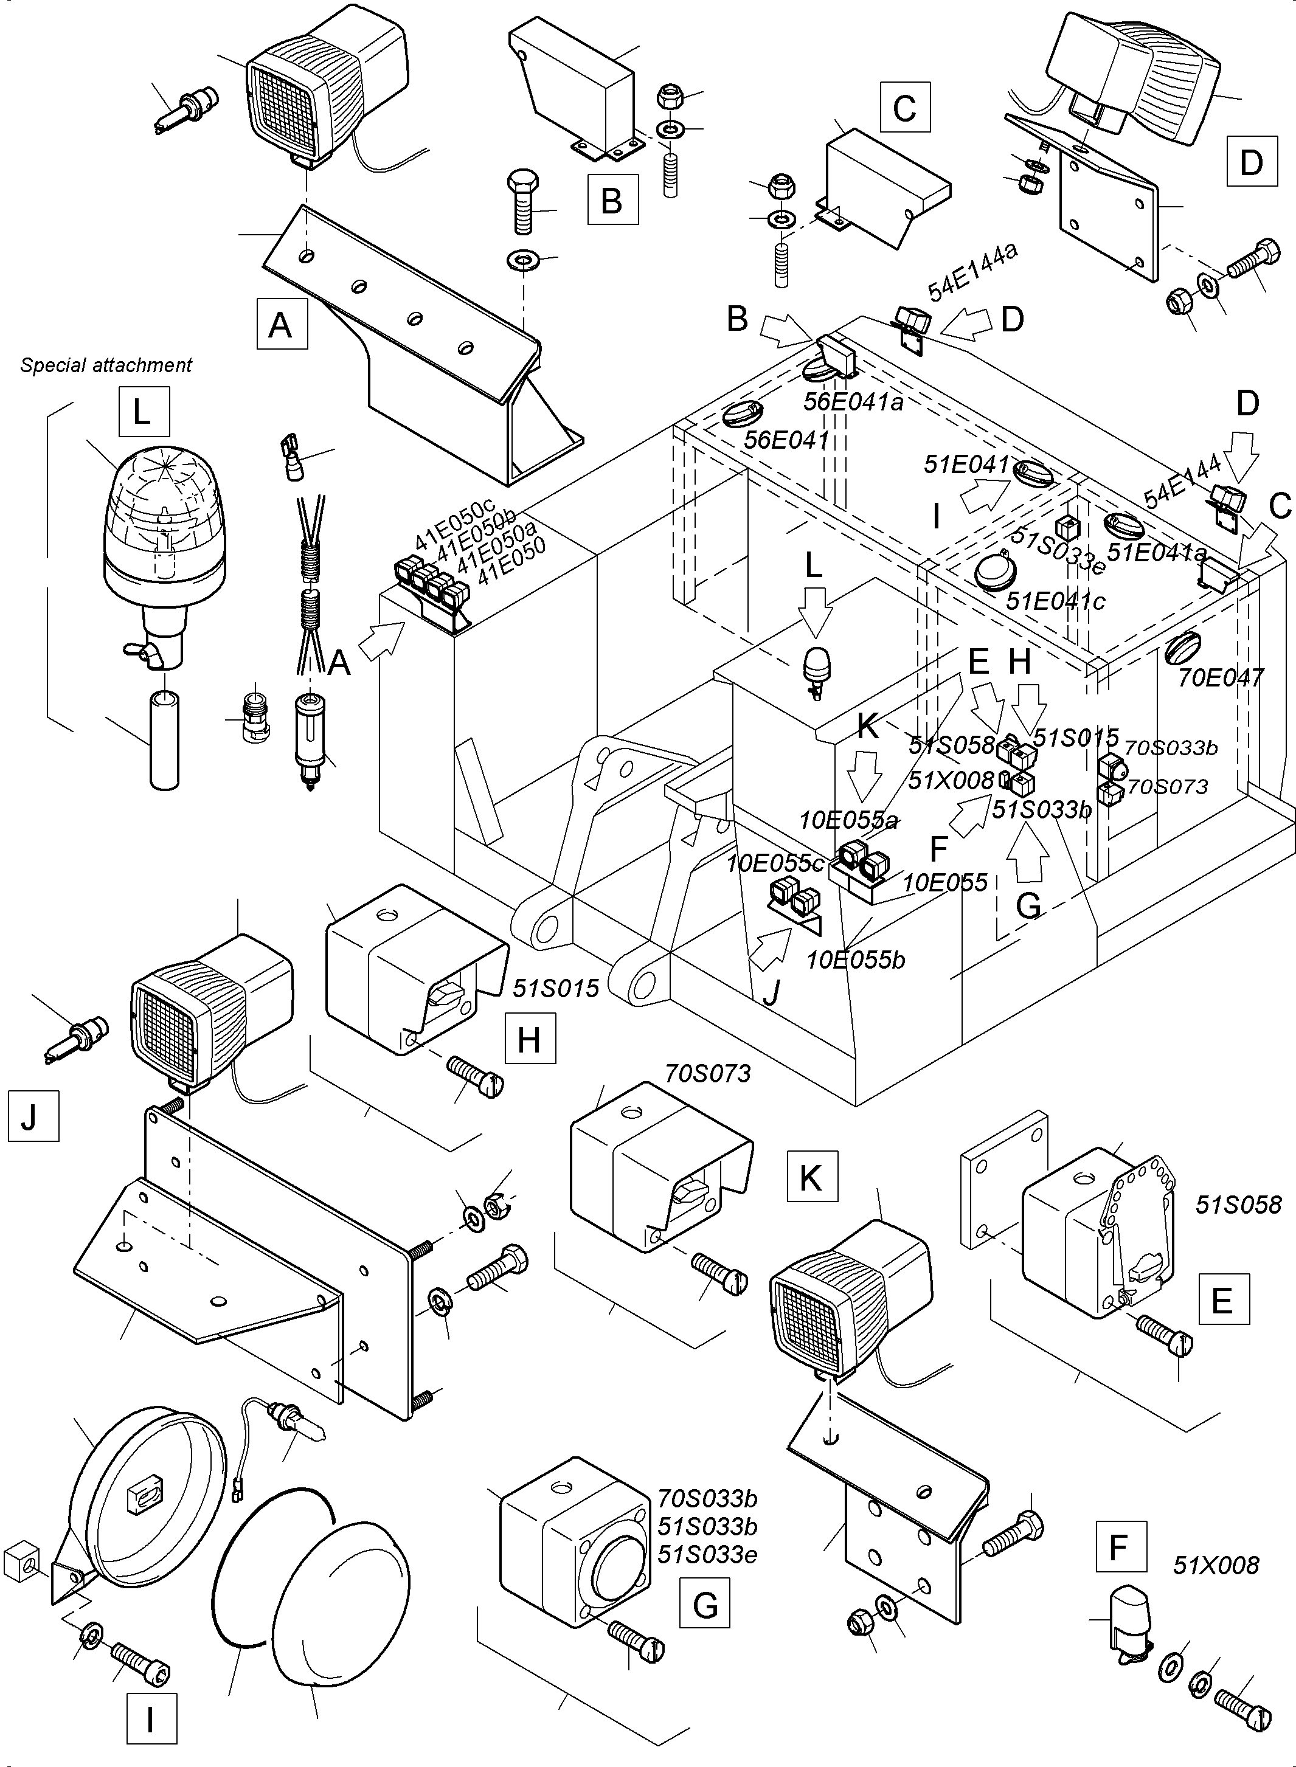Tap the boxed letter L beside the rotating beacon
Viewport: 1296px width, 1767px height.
pos(144,412)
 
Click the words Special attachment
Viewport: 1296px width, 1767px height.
pos(106,365)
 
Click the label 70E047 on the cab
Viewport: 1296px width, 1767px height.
pos(1220,677)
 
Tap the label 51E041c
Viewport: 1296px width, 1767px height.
pos(1055,601)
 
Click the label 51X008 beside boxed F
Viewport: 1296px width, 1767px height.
pos(1215,1566)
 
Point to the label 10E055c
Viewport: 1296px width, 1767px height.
pos(774,863)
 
